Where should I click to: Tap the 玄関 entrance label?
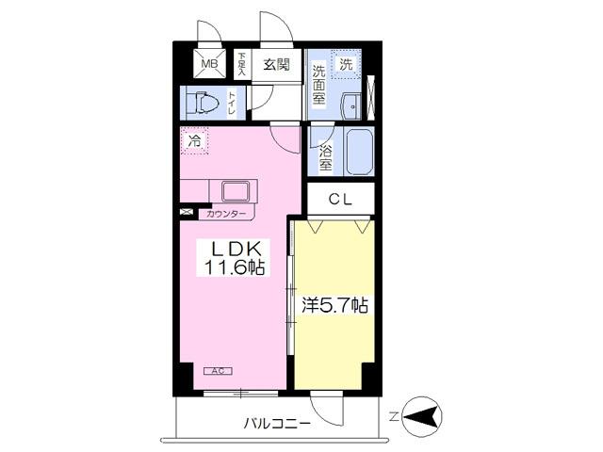pos(275,64)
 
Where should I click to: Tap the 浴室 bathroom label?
pos(324,156)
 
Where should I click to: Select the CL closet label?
pos(341,199)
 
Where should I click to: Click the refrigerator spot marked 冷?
pos(194,142)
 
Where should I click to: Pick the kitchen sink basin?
pos(236,191)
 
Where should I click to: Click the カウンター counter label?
pos(226,215)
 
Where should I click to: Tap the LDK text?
pos(230,250)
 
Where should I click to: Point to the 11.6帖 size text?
pos(230,269)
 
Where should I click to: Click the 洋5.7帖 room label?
pos(334,305)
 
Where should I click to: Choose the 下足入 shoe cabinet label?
pos(241,64)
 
